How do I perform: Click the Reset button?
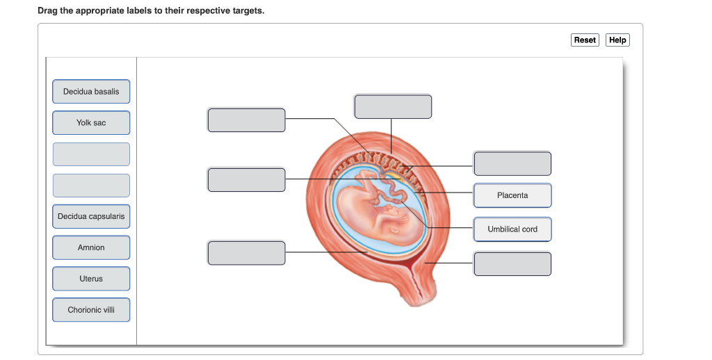tap(585, 40)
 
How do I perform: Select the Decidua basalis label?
tap(91, 92)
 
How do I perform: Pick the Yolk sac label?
tap(91, 123)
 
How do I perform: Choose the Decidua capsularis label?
tap(91, 217)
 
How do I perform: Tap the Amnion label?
tap(91, 248)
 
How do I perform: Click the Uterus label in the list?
tap(91, 279)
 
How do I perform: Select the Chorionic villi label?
tap(91, 310)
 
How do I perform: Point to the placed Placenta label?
tap(512, 196)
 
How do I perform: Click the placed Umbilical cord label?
tap(512, 229)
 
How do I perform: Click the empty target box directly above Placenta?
tap(512, 163)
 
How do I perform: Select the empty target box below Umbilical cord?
tap(512, 264)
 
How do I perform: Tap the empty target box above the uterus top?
tap(393, 107)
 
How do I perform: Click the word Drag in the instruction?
tap(48, 11)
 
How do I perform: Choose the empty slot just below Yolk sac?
tap(91, 154)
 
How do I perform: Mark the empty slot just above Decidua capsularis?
tap(91, 186)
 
